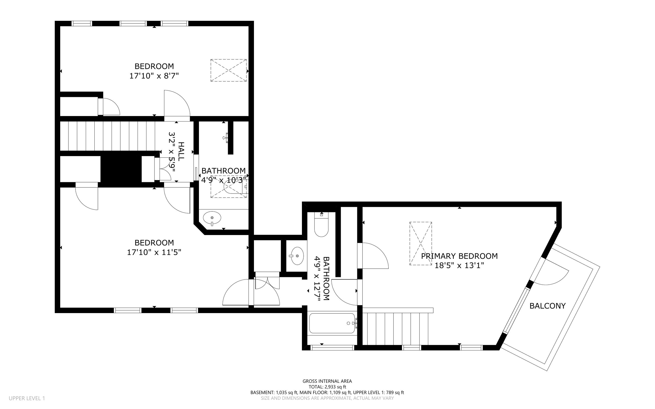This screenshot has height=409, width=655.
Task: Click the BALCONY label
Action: point(548,306)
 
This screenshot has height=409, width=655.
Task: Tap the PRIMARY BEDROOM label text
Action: point(459,256)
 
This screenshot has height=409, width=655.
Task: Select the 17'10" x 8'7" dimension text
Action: point(154,76)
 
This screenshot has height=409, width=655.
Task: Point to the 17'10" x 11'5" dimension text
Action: point(154,252)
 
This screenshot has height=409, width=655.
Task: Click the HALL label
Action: point(181,151)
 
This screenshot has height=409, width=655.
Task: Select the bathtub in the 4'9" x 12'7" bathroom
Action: point(332,323)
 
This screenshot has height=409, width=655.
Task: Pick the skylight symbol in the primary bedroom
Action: point(421,243)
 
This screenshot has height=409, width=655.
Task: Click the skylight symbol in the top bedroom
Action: point(228,70)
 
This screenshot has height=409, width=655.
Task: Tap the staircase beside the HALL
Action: point(109,136)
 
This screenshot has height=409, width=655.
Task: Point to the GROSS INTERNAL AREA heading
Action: point(327,381)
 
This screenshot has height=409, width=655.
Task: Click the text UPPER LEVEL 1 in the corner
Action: point(27,398)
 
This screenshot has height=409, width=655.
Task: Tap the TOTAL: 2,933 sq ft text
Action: point(327,387)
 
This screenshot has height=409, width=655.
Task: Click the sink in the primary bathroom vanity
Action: point(297,256)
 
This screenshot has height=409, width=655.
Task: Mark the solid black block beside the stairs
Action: point(121,169)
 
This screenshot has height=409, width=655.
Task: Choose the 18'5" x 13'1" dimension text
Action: point(459,265)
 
